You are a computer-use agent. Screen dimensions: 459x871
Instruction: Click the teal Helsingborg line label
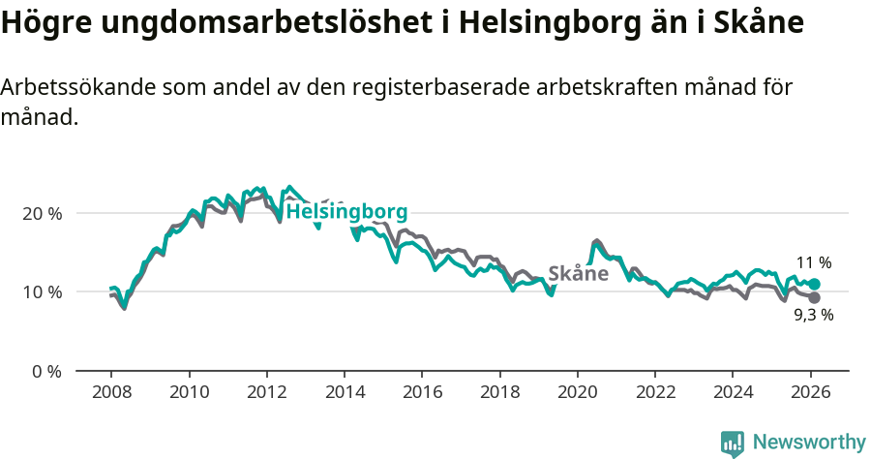coord(346,212)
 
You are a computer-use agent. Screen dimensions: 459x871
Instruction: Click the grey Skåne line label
coord(578,273)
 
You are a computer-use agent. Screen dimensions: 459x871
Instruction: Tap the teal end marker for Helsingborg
coord(814,284)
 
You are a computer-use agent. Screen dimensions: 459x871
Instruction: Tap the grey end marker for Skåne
coord(814,297)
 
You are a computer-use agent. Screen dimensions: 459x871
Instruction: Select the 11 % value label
coord(814,262)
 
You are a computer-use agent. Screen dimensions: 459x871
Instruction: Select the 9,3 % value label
coord(813,315)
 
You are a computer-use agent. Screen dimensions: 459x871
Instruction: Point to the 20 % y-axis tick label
coord(42,213)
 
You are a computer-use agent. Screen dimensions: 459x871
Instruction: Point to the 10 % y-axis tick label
coord(42,292)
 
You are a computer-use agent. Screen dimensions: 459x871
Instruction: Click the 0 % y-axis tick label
coord(45,371)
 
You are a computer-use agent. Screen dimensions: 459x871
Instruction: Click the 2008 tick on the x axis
coord(111,392)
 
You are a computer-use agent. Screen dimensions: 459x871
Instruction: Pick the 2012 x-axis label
coord(266,392)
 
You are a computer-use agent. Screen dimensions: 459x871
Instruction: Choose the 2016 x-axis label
coord(422,392)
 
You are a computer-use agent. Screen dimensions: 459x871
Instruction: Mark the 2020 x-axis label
coord(577,392)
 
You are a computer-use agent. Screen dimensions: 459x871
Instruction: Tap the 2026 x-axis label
coord(810,392)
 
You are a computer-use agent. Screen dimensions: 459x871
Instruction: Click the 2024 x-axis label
coord(733,392)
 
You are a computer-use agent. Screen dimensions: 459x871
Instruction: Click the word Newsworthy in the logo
coord(809,443)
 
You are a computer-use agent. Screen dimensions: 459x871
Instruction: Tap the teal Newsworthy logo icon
coord(733,444)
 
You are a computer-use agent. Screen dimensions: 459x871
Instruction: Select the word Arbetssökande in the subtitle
coord(71,87)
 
